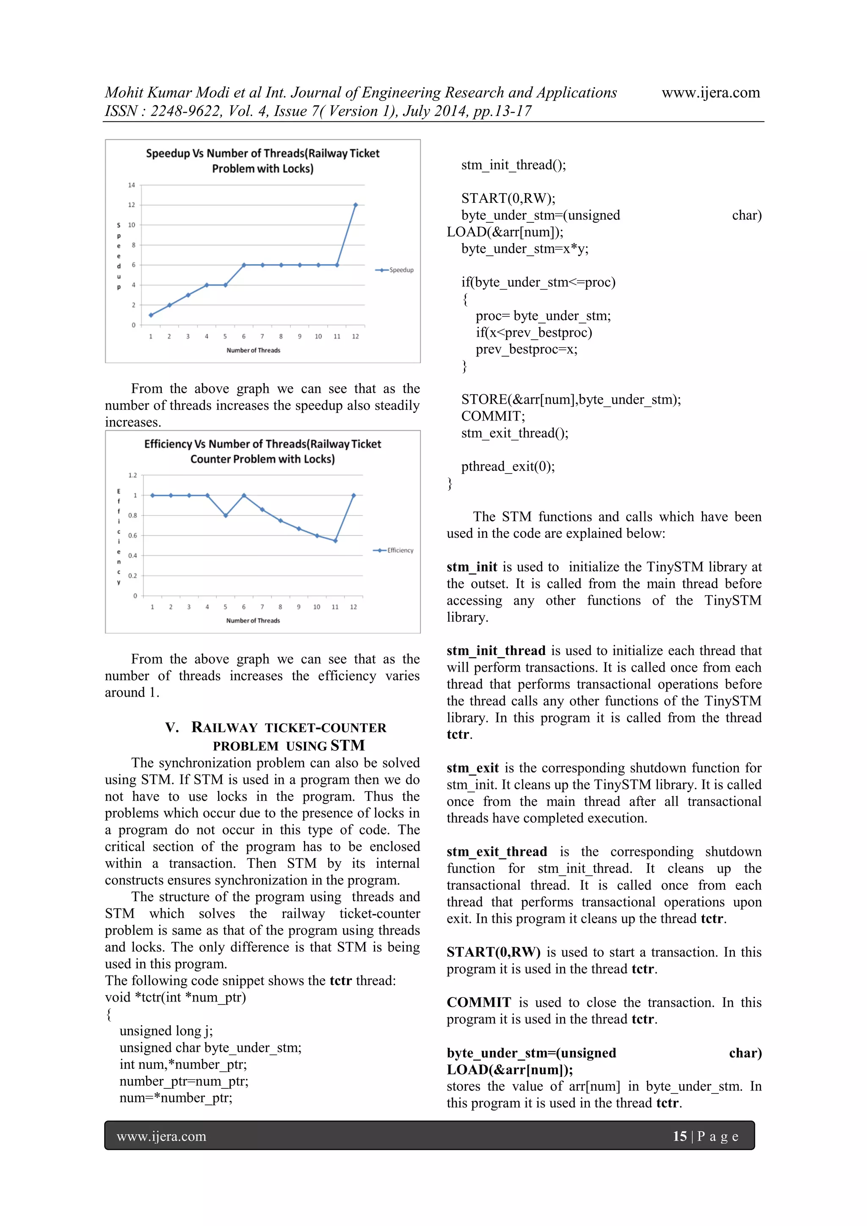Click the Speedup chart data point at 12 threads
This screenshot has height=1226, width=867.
[x=356, y=205]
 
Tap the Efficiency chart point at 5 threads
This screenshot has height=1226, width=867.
[x=226, y=516]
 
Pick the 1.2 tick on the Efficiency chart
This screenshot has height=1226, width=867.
[x=133, y=475]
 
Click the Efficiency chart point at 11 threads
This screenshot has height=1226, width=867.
[x=335, y=541]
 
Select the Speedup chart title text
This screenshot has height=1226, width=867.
[x=262, y=161]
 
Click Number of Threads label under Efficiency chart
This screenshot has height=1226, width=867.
[x=253, y=620]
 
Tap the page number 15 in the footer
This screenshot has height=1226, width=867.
[x=679, y=1136]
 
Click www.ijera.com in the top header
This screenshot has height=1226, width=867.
[x=711, y=93]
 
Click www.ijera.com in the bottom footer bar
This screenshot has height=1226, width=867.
[x=161, y=1136]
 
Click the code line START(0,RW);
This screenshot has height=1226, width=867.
[x=508, y=199]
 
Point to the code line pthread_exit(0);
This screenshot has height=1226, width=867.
[x=508, y=467]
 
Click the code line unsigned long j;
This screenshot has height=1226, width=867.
[x=166, y=1031]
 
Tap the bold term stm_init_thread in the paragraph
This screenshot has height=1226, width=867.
[x=496, y=651]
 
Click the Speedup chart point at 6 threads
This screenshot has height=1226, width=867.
[x=244, y=265]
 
